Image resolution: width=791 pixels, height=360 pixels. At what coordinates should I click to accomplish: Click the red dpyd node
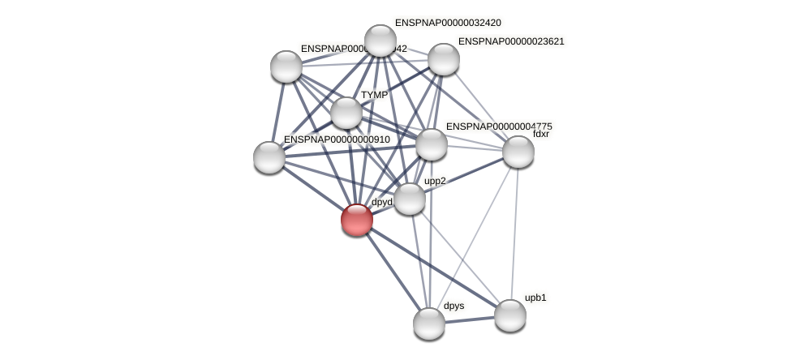pos(356,220)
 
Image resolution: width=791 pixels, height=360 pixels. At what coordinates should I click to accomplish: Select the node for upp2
pos(409,199)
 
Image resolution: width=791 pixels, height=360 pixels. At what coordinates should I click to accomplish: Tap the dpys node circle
pos(428,324)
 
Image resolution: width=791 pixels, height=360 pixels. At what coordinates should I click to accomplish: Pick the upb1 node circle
pos(509,315)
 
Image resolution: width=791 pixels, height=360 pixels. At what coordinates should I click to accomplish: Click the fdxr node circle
pos(518,152)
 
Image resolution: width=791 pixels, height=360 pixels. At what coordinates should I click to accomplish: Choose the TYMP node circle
pos(346,113)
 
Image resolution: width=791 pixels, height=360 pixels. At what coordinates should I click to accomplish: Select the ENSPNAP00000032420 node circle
pos(380,41)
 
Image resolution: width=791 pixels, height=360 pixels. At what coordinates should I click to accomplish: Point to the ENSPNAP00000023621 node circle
pos(443,59)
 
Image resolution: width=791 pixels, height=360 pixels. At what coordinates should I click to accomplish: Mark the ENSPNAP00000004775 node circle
pos(431,144)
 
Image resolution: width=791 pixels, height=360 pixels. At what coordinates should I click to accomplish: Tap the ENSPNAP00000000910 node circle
pos(269,157)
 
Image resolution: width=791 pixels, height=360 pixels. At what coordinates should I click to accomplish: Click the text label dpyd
pos(381,202)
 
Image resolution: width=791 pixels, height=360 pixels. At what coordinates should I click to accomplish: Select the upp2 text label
pos(435,181)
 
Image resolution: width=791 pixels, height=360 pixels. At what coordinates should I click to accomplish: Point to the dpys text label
pos(454,306)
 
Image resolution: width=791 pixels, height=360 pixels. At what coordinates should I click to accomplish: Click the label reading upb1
pos(535,298)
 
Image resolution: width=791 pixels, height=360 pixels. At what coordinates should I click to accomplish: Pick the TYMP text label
pos(374,95)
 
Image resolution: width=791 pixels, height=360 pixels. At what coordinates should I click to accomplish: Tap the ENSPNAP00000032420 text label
pos(447,23)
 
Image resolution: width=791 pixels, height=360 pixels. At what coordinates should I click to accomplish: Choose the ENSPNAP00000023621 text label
pos(511,41)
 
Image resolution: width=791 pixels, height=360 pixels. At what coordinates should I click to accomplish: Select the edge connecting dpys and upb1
pos(469,319)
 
